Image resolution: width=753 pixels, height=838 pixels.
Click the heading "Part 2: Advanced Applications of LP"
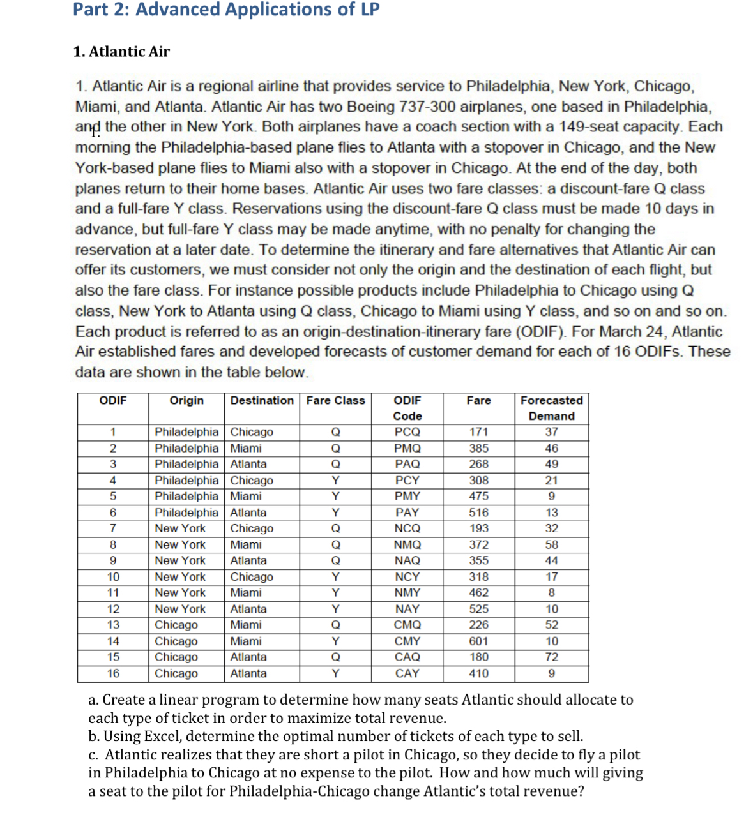(x=226, y=10)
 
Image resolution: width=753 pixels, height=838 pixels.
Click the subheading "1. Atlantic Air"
(x=121, y=52)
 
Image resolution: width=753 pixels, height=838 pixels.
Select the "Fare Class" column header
(x=335, y=401)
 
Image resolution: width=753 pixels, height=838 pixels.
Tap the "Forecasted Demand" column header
(x=551, y=408)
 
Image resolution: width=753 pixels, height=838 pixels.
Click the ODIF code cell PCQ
(x=407, y=432)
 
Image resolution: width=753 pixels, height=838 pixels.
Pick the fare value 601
(x=478, y=641)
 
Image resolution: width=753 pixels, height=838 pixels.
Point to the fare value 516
(x=478, y=513)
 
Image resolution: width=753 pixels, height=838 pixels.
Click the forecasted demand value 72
(x=551, y=657)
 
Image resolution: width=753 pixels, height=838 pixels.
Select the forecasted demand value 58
(x=551, y=545)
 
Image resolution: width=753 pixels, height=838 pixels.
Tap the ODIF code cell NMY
(x=407, y=593)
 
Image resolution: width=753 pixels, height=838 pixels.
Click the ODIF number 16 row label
(x=113, y=673)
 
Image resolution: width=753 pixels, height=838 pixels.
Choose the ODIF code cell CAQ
(x=407, y=657)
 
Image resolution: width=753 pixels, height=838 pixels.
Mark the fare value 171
(x=478, y=432)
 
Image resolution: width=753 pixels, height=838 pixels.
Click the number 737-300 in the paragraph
(x=427, y=107)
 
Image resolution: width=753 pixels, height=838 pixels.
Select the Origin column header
(x=186, y=401)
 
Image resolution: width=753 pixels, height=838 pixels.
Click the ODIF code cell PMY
(x=407, y=497)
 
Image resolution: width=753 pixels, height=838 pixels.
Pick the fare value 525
(x=478, y=610)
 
